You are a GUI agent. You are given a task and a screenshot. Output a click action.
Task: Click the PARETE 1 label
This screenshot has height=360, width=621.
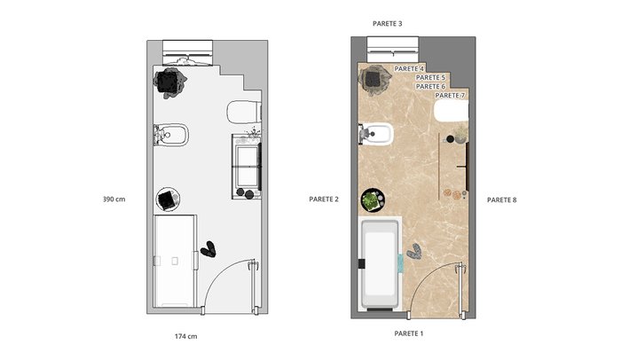pyautogui.click(x=409, y=333)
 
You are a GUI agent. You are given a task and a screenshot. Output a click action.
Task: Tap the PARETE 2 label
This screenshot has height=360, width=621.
pyautogui.click(x=324, y=200)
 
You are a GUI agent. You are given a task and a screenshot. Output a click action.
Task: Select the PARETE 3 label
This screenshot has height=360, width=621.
pyautogui.click(x=388, y=24)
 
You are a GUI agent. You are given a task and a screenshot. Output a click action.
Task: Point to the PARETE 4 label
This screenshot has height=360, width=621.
pyautogui.click(x=409, y=69)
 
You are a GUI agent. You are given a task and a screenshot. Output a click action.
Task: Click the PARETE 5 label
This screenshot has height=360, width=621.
pyautogui.click(x=430, y=78)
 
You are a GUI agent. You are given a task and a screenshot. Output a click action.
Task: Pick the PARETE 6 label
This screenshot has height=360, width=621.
pyautogui.click(x=430, y=86)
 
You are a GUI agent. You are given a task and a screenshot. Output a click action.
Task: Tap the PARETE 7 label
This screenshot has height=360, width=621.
pyautogui.click(x=450, y=96)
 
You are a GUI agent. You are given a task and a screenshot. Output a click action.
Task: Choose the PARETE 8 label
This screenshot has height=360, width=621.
pyautogui.click(x=502, y=200)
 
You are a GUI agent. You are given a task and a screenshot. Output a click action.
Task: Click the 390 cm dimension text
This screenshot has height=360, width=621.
pyautogui.click(x=114, y=200)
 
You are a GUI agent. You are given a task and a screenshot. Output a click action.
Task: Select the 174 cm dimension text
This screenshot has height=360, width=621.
pyautogui.click(x=185, y=336)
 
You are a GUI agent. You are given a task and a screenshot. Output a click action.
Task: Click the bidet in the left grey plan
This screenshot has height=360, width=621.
pyautogui.click(x=171, y=135)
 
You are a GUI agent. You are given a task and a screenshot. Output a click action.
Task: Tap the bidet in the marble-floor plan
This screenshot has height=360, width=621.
pyautogui.click(x=376, y=134)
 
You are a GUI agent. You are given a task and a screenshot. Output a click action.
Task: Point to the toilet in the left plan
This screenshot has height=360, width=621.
pyautogui.click(x=244, y=112)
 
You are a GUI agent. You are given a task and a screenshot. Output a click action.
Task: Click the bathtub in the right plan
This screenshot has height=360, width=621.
pyautogui.click(x=380, y=263)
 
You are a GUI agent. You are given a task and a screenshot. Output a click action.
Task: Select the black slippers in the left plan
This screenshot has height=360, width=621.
pyautogui.click(x=208, y=249)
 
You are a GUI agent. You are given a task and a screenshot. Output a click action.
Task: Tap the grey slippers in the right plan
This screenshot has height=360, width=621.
pyautogui.click(x=414, y=252)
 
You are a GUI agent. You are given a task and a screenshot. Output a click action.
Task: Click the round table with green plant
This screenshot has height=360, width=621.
pyautogui.click(x=373, y=200)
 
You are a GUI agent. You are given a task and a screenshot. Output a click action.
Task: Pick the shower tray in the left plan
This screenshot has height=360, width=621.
pyautogui.click(x=175, y=261)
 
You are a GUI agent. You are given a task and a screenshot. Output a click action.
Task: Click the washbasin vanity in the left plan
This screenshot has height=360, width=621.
pyautogui.click(x=247, y=167)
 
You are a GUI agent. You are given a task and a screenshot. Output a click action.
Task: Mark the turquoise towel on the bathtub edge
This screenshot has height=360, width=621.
pyautogui.click(x=400, y=262)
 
